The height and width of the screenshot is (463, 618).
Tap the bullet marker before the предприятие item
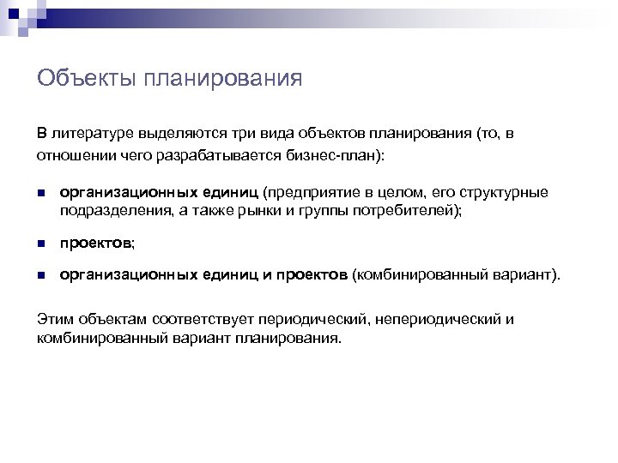tap(41, 194)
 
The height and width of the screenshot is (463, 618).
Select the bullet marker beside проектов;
tap(41, 244)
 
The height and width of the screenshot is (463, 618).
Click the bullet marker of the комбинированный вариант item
tap(41, 276)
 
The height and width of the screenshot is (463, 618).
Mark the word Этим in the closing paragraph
tap(54, 319)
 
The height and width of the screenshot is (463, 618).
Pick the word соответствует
tap(197, 319)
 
